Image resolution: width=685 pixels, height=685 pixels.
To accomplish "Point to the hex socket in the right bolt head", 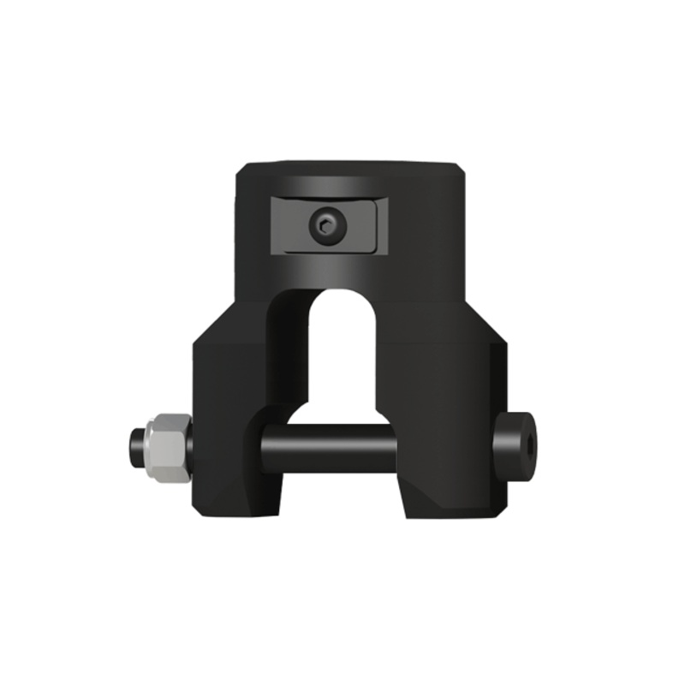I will (x=529, y=441).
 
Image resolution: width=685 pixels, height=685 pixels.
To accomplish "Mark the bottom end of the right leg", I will (x=450, y=514).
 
